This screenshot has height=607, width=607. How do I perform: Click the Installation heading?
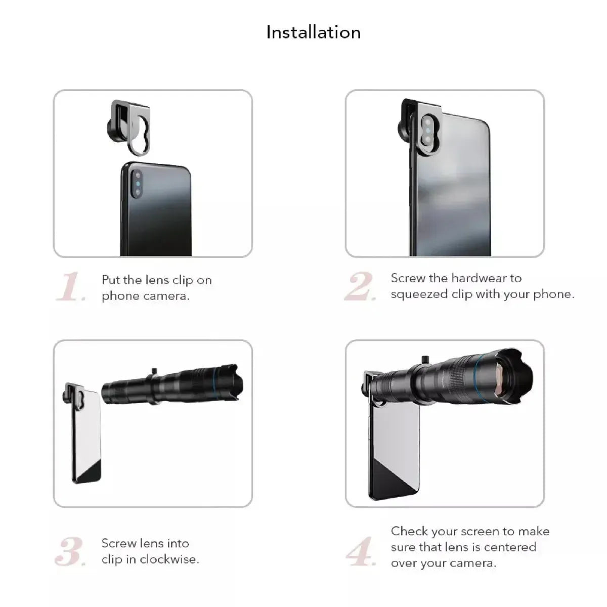tap(313, 32)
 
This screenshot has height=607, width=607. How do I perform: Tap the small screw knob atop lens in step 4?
tap(424, 359)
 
